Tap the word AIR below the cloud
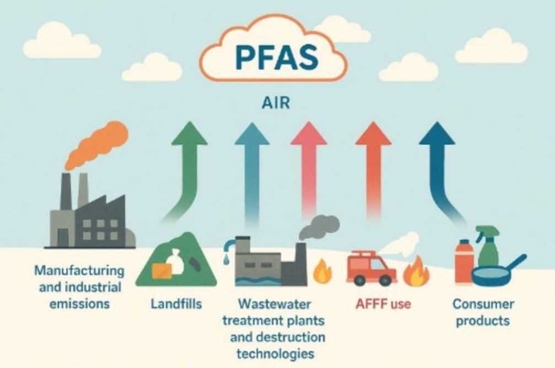coord(277,103)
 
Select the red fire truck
coord(369,268)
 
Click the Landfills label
coord(177,304)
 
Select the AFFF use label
coord(383,304)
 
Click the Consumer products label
coord(482,312)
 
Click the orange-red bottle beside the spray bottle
coord(463,261)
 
